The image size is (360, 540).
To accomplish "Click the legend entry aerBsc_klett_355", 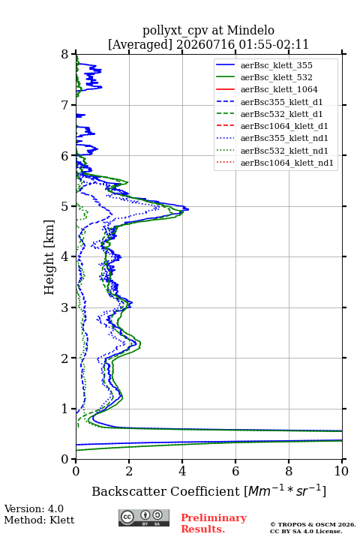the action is tap(276, 65).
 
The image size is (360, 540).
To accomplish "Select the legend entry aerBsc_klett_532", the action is tap(276, 77).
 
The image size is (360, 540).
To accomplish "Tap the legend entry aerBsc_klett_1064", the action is tap(279, 89).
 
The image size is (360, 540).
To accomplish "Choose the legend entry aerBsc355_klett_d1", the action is tap(281, 102).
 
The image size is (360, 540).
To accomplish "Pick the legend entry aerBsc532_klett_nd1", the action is tap(284, 151).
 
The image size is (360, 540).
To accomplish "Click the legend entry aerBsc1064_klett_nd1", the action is tap(287, 163).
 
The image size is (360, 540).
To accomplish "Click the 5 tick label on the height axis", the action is tap(65, 206).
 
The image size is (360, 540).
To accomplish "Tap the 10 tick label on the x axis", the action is tap(341, 471).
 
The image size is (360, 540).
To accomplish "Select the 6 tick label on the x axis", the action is tap(235, 471).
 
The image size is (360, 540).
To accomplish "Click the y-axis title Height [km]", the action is tap(49, 257).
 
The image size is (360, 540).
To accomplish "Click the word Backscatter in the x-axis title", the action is tap(131, 491).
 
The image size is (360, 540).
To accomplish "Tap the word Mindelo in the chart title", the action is tap(250, 30).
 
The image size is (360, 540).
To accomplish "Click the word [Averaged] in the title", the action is tap(139, 45).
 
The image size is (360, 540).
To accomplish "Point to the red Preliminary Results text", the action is tap(214, 523).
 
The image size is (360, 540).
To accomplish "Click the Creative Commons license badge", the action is tap(144, 517).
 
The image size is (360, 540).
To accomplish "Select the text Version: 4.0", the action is tap(34, 509).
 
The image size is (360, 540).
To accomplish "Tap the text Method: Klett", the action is tap(39, 520).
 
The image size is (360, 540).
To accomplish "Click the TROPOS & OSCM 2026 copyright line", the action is tap(313, 524).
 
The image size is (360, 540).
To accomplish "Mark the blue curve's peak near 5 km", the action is tap(188, 208).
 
